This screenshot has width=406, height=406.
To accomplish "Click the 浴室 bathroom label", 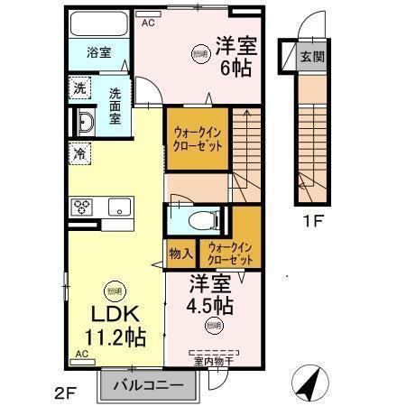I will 99,52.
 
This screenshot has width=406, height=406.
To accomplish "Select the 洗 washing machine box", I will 79,88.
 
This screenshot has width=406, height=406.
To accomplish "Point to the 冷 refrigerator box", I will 79,152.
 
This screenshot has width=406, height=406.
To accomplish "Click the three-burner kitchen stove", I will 82,207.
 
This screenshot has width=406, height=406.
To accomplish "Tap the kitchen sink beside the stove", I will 117,207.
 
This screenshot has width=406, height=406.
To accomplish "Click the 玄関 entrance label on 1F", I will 309,56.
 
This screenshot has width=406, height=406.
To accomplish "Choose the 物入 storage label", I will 178,253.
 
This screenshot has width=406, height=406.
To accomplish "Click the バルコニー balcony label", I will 149,385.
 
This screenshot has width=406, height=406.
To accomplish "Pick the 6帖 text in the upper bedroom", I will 234,66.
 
